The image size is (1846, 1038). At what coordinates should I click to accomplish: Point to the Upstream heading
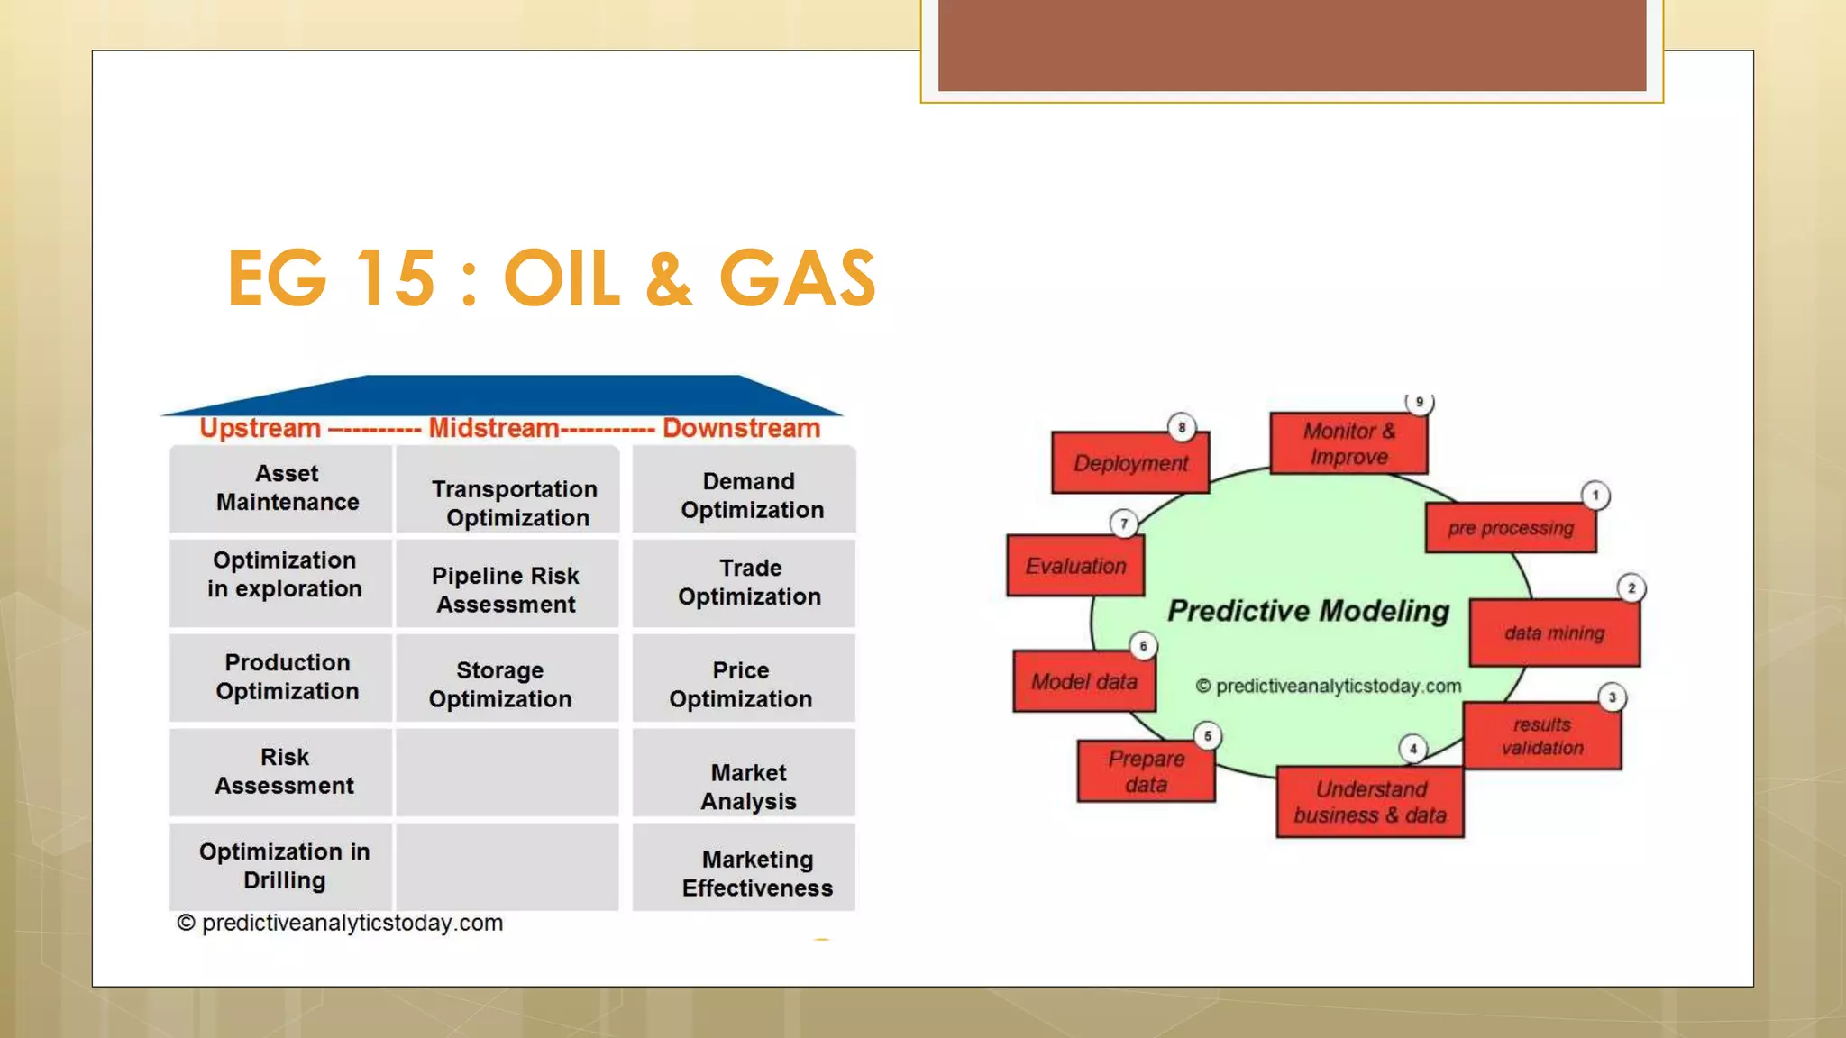pos(260,428)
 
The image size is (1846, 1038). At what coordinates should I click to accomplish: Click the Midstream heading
pos(494,428)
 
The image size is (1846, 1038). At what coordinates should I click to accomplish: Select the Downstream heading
pos(741,428)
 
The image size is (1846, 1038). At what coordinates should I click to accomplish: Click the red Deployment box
pos(1130,463)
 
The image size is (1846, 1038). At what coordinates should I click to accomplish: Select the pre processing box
pos(1511,528)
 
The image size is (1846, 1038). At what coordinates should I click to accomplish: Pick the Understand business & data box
pos(1370,802)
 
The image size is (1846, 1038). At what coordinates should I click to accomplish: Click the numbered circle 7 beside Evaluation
pos(1123,524)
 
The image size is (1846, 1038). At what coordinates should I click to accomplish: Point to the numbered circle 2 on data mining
pos(1631,588)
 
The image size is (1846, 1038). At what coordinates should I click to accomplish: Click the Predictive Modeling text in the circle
pos(1309,611)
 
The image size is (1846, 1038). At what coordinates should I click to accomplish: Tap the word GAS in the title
pos(797,279)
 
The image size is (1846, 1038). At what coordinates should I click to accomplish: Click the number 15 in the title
pos(396,279)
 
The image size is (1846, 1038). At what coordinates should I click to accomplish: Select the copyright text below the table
pos(341,923)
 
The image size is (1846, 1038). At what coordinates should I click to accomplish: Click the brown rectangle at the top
pos(1292,45)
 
